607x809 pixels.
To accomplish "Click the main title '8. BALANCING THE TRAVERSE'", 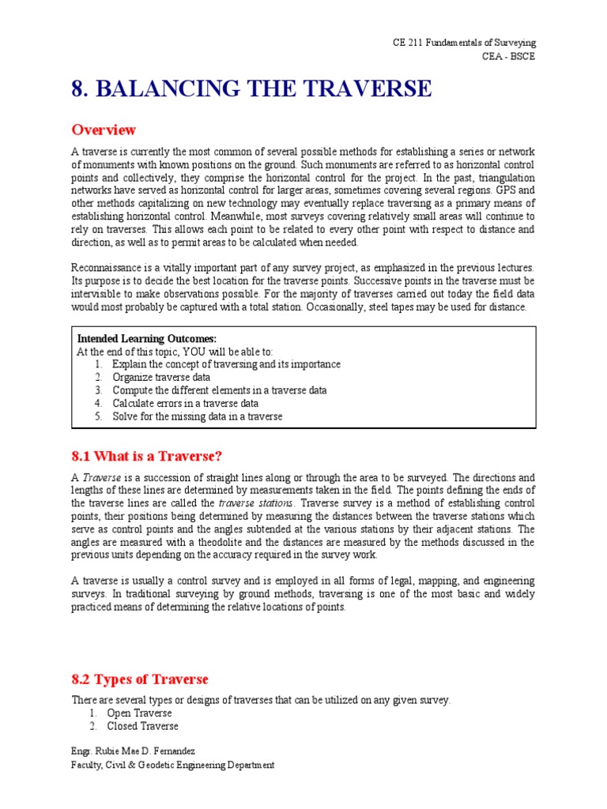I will click(251, 89).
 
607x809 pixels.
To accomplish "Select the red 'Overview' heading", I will click(104, 130).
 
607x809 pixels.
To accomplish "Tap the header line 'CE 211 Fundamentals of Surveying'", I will click(464, 43).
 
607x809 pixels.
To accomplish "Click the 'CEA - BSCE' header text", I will click(508, 57).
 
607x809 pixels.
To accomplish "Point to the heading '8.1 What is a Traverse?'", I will click(147, 456).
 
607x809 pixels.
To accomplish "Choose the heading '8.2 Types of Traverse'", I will click(140, 679).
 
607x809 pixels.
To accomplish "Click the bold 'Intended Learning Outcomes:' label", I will click(145, 339).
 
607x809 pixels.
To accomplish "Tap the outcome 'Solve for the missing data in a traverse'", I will click(197, 416).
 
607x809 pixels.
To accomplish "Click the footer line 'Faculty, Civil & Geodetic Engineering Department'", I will click(173, 765).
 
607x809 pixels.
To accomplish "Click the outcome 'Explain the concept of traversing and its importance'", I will click(226, 364).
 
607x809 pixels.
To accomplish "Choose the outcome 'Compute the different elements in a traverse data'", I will click(219, 390).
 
